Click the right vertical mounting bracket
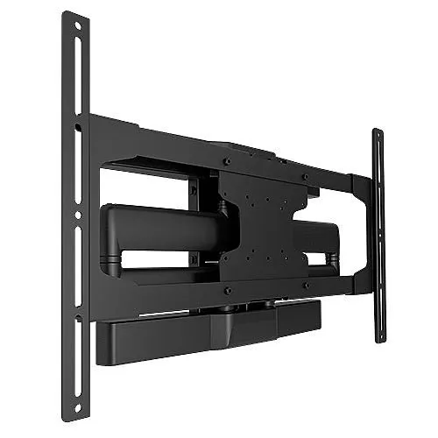(x=378, y=237)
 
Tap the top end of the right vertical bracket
(x=377, y=134)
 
